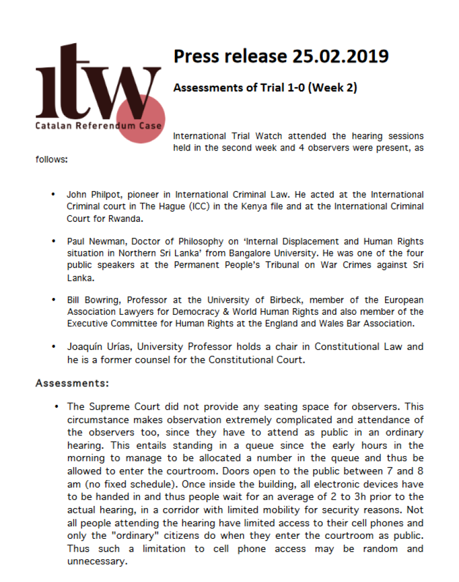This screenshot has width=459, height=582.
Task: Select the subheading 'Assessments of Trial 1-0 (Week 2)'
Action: click(x=265, y=88)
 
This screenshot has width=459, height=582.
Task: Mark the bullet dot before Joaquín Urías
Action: click(x=53, y=347)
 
